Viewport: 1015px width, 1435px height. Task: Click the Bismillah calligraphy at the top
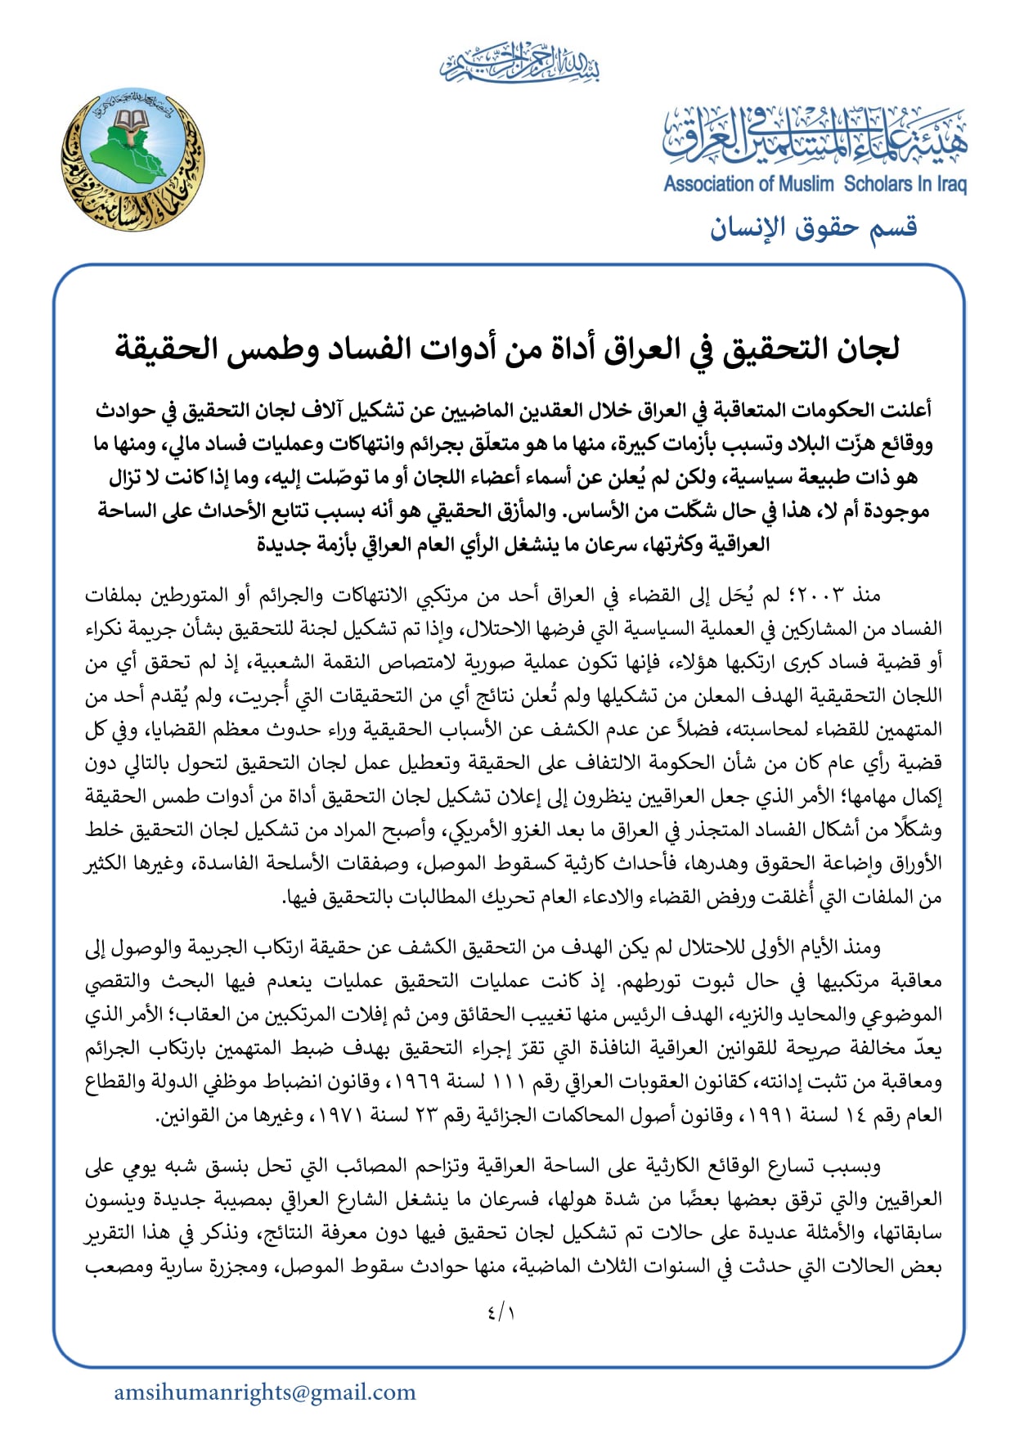pyautogui.click(x=519, y=64)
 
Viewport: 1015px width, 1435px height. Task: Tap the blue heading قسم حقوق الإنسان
pyautogui.click(x=813, y=227)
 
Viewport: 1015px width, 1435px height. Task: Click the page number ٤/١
pyautogui.click(x=501, y=1313)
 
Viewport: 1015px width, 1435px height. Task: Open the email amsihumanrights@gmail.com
pyautogui.click(x=265, y=1392)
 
